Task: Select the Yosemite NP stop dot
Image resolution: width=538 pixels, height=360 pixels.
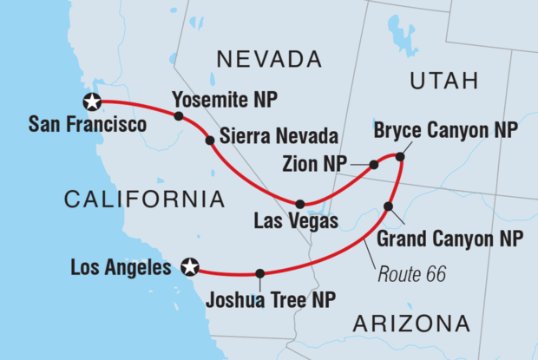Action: (x=178, y=116)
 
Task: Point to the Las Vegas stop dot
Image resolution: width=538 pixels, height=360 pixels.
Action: (x=300, y=204)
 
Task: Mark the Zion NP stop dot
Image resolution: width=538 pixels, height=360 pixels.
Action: (x=374, y=164)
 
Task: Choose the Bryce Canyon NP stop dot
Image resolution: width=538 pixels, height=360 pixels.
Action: (x=400, y=157)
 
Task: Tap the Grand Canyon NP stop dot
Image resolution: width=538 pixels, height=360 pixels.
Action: (x=389, y=206)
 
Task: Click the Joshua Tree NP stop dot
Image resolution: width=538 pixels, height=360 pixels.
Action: (x=259, y=274)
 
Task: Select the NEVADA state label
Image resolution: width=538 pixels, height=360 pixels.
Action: (x=269, y=60)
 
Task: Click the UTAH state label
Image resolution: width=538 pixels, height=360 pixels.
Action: (x=443, y=82)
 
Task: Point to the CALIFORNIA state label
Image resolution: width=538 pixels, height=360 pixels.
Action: (x=145, y=200)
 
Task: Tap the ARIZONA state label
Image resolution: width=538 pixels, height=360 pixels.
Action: (x=412, y=324)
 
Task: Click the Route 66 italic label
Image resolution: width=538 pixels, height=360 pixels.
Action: (x=413, y=275)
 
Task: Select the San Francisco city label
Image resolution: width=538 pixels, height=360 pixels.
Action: (x=87, y=126)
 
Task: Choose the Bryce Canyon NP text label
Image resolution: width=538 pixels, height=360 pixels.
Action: (x=446, y=131)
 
